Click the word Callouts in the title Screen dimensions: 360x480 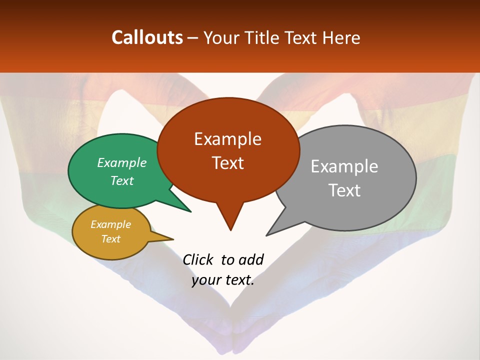[147, 37]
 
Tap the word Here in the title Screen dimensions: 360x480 [341, 37]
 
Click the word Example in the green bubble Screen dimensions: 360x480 [122, 163]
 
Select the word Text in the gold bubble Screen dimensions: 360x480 [111, 239]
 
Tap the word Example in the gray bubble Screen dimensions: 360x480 [344, 166]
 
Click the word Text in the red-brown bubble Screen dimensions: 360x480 [228, 163]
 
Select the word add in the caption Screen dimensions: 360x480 [251, 259]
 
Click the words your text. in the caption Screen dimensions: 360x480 [223, 280]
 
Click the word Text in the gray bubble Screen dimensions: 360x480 [345, 190]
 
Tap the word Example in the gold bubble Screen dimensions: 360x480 [111, 224]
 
